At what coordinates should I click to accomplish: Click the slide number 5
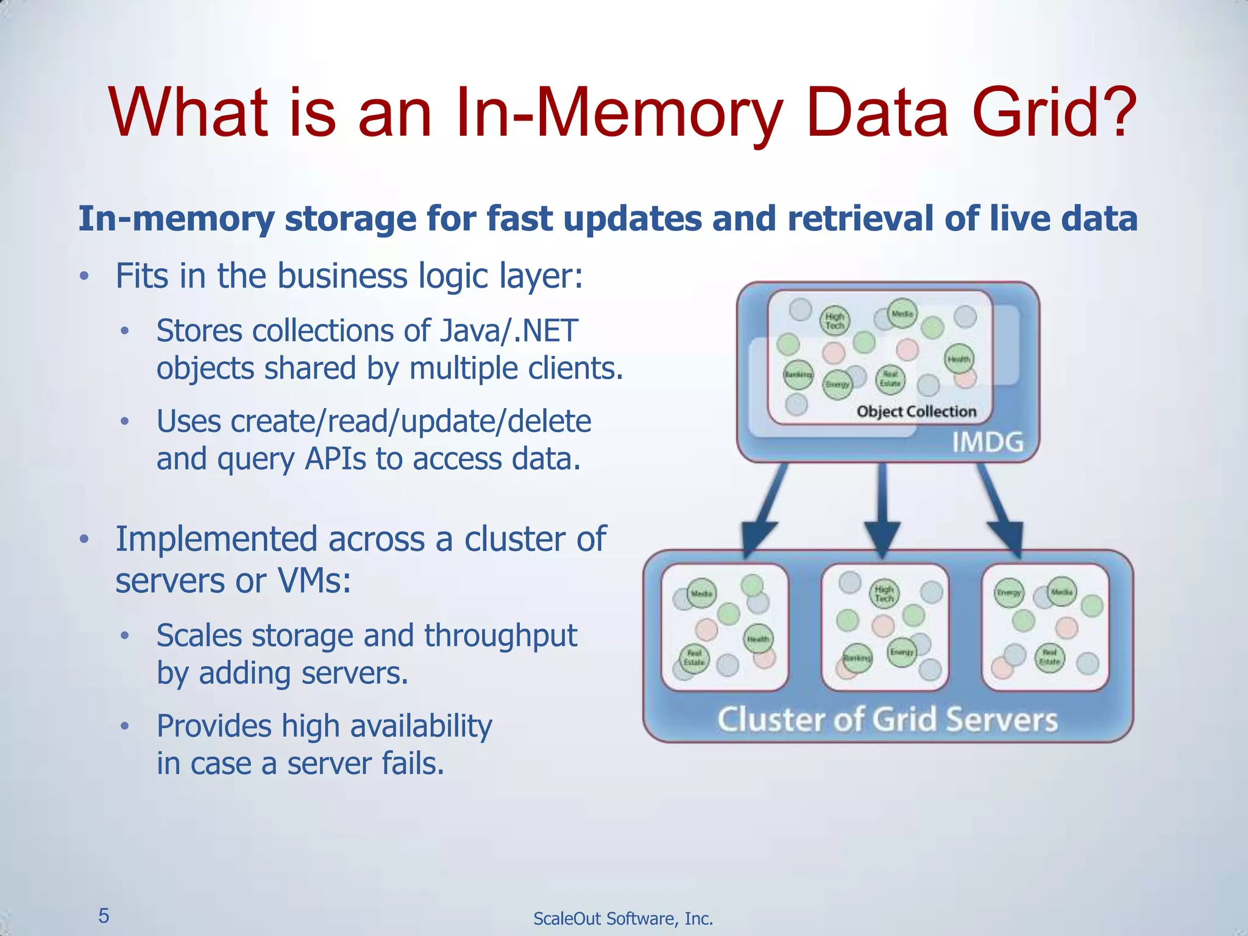tap(104, 915)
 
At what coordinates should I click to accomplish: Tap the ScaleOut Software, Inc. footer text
tap(623, 918)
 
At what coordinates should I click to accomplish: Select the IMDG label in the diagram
tap(987, 442)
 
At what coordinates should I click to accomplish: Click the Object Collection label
tap(916, 411)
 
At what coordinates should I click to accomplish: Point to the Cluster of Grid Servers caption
tap(887, 720)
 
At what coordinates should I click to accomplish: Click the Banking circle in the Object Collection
tap(798, 374)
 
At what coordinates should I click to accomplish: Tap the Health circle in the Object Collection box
tap(959, 359)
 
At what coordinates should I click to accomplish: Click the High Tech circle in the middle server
tap(884, 594)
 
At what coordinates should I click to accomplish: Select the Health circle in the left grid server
tap(758, 639)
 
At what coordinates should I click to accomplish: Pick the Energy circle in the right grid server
tap(1009, 592)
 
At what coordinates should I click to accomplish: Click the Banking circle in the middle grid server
tap(857, 658)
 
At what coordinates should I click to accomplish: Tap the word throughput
tap(500, 636)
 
